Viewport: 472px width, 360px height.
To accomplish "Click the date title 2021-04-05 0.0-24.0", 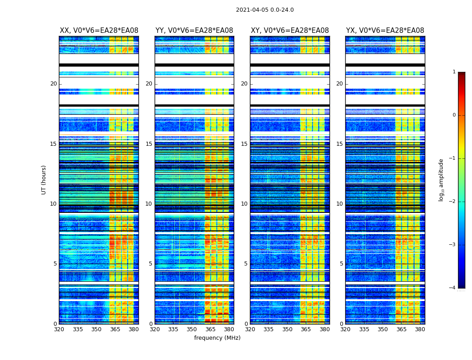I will coord(265,10).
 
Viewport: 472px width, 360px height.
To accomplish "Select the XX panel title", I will coord(99,31).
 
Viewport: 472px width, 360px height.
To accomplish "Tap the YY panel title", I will coord(194,31).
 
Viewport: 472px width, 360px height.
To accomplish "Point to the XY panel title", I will coord(289,31).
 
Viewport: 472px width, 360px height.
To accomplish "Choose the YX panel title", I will coord(385,31).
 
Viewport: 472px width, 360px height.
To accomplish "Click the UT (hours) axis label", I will coord(44,180).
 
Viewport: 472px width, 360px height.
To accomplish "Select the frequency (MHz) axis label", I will coord(217,338).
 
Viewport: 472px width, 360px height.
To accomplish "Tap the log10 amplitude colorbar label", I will coord(441,180).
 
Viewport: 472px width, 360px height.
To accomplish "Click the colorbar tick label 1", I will coord(454,72).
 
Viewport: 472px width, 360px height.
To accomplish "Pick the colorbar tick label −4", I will coord(453,288).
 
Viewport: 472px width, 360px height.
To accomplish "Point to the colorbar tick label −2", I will coord(453,202).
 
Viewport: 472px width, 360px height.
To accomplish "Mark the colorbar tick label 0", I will coord(454,115).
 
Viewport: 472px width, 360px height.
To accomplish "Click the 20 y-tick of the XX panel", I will coord(53,84).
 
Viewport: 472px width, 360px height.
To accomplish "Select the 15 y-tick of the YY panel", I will coord(149,144).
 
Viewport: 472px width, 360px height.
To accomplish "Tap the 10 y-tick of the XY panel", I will coord(244,204).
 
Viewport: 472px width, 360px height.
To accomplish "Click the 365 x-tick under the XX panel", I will coord(115,329).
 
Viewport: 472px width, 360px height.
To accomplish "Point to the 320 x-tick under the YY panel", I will coord(155,329).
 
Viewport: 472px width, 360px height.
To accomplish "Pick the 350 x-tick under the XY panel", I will coord(287,329).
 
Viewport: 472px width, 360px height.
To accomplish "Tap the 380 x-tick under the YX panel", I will coord(420,329).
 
